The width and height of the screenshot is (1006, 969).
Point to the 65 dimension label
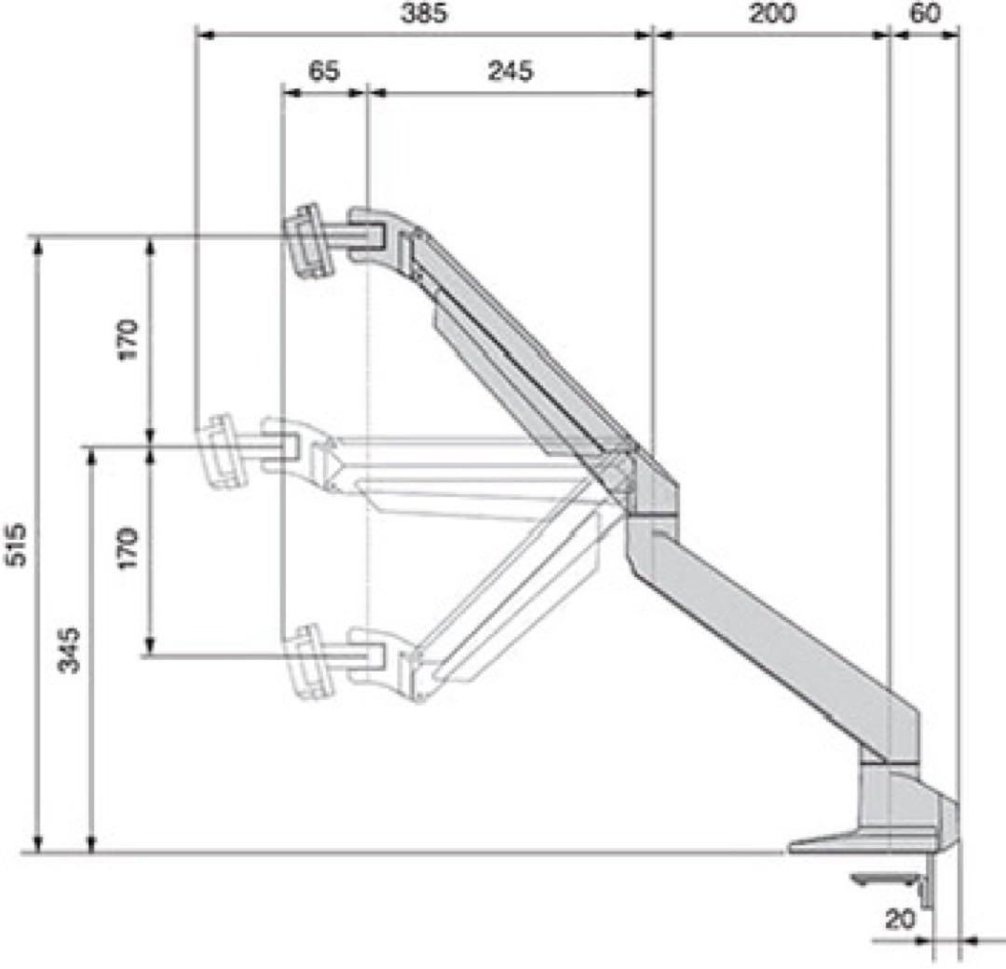click(x=323, y=71)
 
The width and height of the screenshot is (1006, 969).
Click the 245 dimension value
click(x=510, y=71)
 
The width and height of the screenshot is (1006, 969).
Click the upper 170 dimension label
click(x=128, y=340)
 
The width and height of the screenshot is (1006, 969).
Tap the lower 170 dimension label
click(x=128, y=548)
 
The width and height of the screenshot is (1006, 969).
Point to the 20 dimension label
click(x=899, y=920)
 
